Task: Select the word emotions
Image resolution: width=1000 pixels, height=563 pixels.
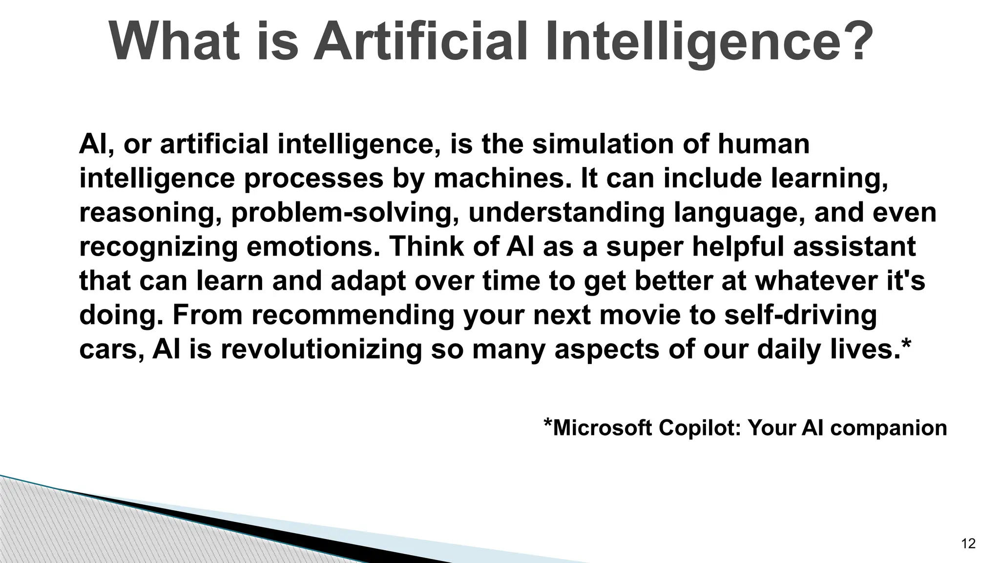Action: (x=313, y=246)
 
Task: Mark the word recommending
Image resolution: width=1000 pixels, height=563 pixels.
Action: (x=353, y=315)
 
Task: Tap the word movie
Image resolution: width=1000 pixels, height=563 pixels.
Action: (x=640, y=315)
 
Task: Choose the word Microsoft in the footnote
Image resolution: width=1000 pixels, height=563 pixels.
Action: (x=602, y=428)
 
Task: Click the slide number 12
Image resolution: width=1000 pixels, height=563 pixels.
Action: (x=968, y=543)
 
